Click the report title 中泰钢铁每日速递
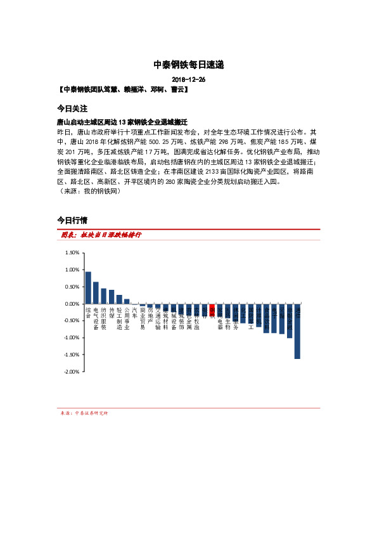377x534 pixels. [x=188, y=65]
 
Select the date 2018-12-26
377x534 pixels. [x=188, y=80]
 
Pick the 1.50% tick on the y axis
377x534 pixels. [x=72, y=252]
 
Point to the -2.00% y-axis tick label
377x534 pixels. [x=70, y=372]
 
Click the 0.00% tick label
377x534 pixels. [x=72, y=304]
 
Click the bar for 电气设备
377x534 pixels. [x=96, y=292]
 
